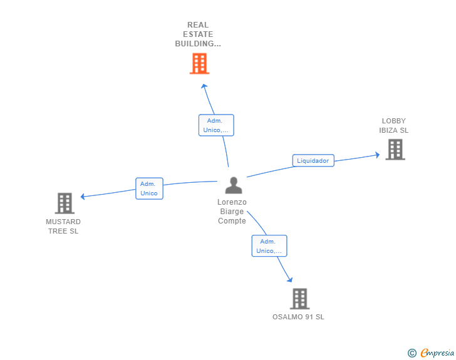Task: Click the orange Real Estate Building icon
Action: (199, 63)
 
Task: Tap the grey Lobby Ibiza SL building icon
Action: (395, 149)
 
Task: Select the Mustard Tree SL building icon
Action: (65, 203)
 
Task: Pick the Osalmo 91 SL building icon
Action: (300, 299)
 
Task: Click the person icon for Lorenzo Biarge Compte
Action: (234, 185)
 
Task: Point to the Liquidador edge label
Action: (313, 160)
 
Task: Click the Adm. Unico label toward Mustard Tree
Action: (149, 188)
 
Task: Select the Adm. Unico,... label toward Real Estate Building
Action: (216, 125)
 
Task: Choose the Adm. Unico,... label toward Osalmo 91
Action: (269, 245)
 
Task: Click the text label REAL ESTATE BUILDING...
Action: (198, 34)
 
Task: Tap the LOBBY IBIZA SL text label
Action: (393, 126)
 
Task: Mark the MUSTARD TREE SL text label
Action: (63, 226)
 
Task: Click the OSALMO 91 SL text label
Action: (298, 317)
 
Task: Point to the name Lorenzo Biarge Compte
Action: (232, 211)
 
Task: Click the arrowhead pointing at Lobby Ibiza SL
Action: (376, 154)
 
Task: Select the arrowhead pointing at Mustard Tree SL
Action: (83, 197)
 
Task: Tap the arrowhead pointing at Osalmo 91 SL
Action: (289, 279)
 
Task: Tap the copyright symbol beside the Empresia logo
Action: (412, 353)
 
